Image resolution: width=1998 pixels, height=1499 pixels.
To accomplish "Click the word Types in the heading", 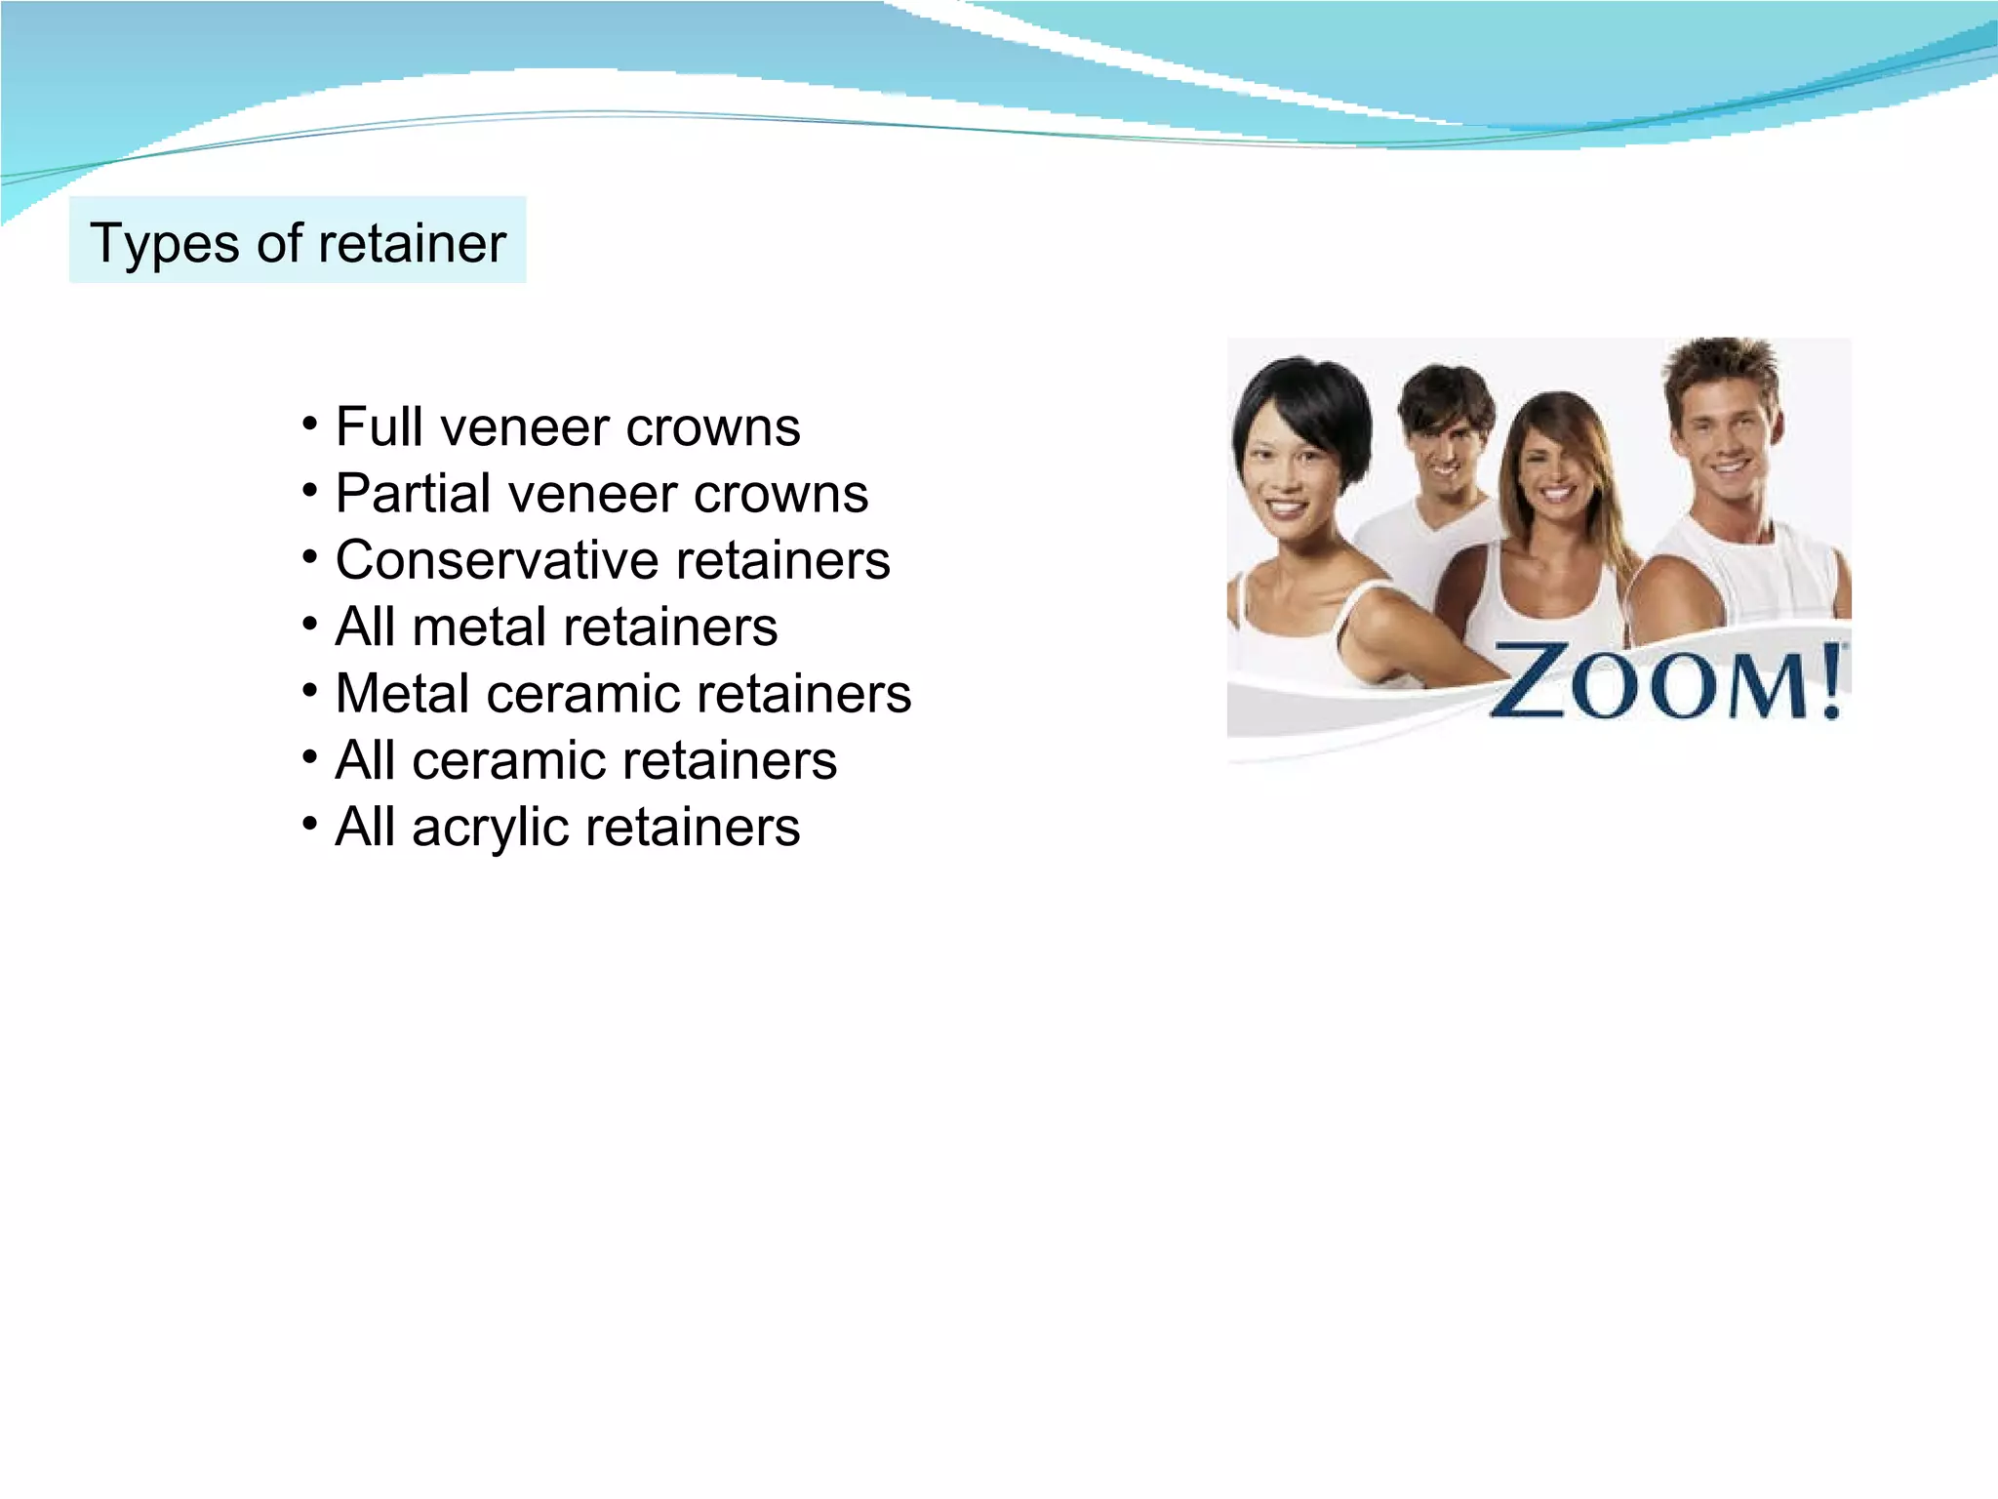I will pos(162,244).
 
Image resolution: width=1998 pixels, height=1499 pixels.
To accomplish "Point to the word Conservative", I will pos(497,560).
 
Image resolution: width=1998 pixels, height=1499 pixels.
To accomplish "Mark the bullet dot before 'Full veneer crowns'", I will pos(310,424).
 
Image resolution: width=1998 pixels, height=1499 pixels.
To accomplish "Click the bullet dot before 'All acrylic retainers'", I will pos(310,824).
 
